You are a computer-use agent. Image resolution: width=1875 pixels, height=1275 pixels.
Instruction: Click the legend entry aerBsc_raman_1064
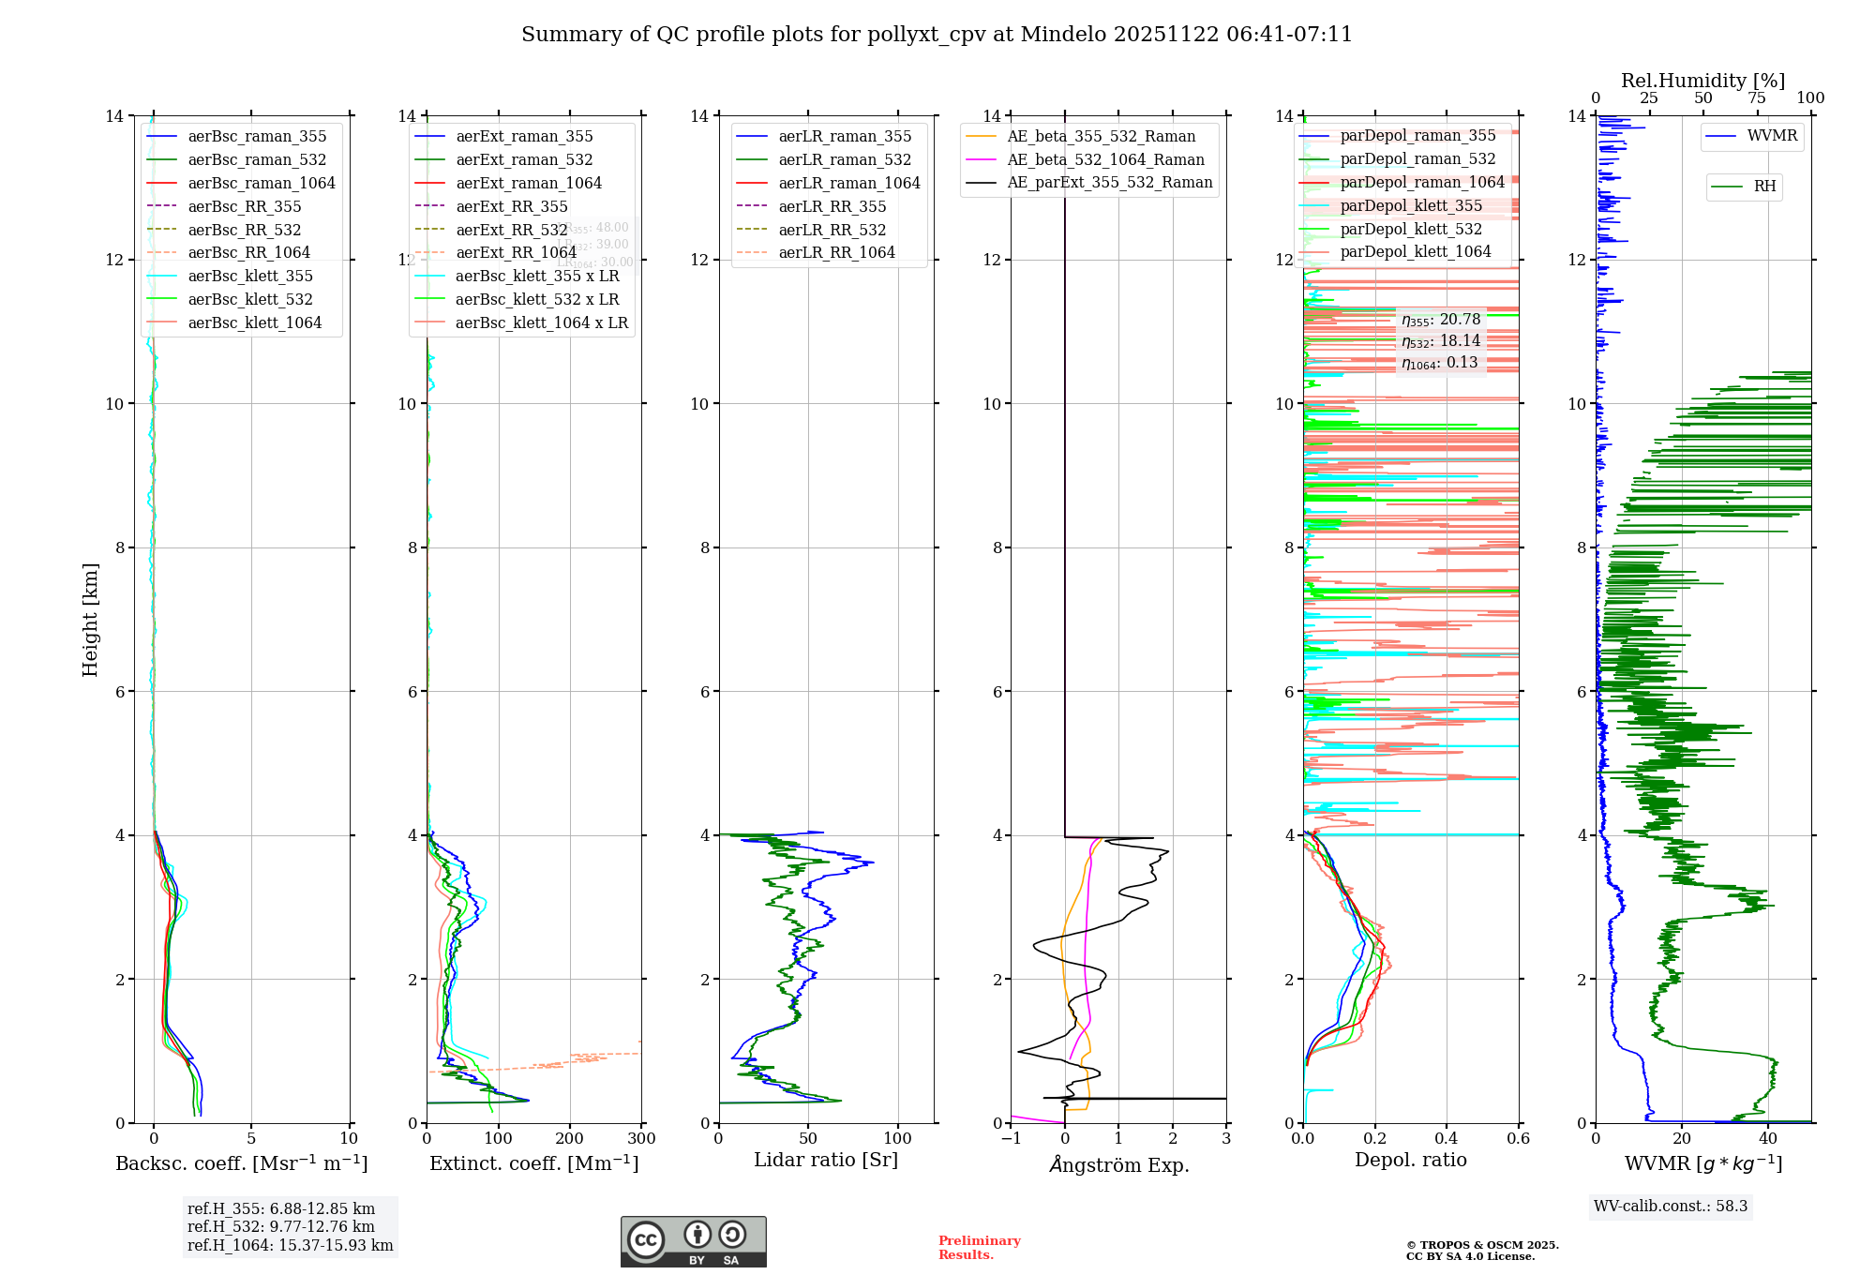coord(261,183)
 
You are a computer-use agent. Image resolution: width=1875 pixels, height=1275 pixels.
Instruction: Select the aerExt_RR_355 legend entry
coord(511,206)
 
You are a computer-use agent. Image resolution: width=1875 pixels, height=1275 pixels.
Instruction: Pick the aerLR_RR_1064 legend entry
coord(836,252)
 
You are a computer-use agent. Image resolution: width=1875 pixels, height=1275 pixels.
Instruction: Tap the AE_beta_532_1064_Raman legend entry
coord(1105,159)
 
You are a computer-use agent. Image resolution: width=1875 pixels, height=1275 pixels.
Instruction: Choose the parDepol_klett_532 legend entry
coord(1411,229)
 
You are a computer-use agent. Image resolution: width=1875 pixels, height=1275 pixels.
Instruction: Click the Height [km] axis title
coord(90,619)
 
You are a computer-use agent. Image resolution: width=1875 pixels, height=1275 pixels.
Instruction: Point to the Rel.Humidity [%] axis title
coord(1702,81)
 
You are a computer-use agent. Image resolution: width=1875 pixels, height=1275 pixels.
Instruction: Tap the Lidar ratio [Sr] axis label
coord(826,1160)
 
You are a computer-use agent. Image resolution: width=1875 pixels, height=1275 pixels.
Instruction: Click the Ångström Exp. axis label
coord(1118,1164)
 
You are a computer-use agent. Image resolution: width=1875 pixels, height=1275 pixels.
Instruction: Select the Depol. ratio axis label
coord(1410,1160)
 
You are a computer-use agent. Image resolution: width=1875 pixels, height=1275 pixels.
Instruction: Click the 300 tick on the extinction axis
coord(641,1139)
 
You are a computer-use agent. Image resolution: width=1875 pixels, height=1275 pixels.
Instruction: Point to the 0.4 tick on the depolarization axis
coord(1447,1139)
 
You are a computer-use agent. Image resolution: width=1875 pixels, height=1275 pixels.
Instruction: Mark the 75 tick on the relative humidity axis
coord(1756,98)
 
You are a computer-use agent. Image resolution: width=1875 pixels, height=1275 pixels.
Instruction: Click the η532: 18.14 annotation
coord(1441,341)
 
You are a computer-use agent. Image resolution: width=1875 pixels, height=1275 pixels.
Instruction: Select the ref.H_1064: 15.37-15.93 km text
coord(290,1245)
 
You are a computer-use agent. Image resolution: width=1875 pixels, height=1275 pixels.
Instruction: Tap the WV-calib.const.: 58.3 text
coord(1671,1206)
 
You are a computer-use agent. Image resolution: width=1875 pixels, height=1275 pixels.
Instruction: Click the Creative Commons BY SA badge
coord(693,1241)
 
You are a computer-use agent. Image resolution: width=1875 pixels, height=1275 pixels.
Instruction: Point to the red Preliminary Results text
coord(979,1247)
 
